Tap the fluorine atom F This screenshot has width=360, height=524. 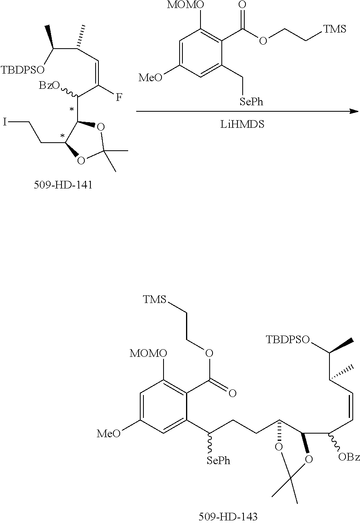click(x=119, y=98)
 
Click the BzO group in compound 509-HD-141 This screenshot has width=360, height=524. click(x=49, y=86)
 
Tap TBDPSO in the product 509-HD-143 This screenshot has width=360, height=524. click(x=288, y=340)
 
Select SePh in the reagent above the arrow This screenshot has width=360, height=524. click(x=251, y=102)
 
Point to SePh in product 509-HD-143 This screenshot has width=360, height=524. click(x=219, y=461)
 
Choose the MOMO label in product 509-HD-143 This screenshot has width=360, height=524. click(x=149, y=353)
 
